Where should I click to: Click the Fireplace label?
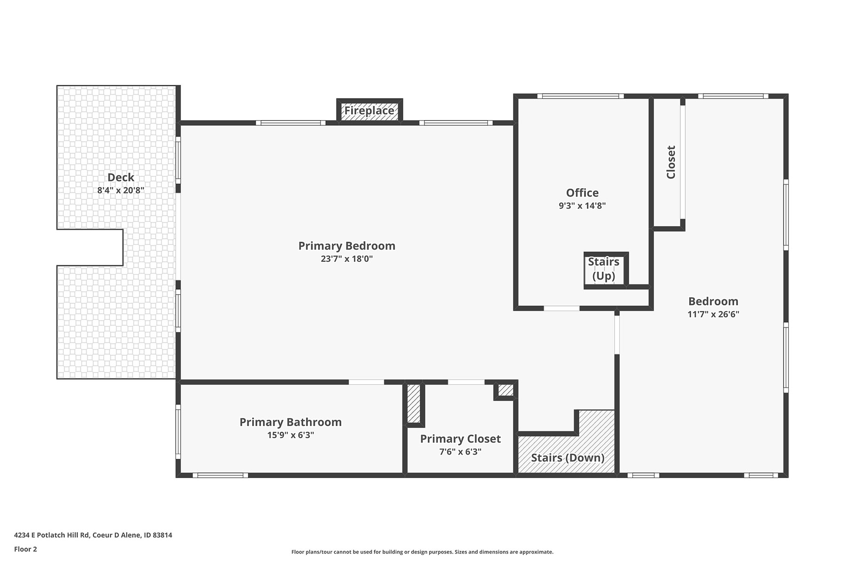(x=369, y=111)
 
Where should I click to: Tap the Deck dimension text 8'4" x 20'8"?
(x=121, y=190)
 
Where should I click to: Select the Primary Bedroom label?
(x=347, y=246)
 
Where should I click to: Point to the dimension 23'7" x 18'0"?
(x=347, y=259)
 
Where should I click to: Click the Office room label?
(x=582, y=193)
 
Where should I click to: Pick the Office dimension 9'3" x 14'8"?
(x=582, y=205)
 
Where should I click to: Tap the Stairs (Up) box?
(x=606, y=270)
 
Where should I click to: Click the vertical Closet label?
(x=671, y=162)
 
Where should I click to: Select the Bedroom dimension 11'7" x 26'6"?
(x=713, y=314)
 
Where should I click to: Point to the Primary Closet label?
(x=460, y=439)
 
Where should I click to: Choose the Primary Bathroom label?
(x=291, y=422)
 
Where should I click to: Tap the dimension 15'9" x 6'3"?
(x=291, y=435)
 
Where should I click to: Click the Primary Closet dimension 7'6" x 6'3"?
(x=460, y=452)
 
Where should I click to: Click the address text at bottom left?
(x=93, y=535)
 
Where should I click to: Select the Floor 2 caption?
(x=25, y=549)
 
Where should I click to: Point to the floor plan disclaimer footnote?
(x=422, y=552)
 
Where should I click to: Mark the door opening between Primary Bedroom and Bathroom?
(x=366, y=382)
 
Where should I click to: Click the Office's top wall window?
(x=581, y=96)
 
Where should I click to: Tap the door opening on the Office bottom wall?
(x=561, y=308)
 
